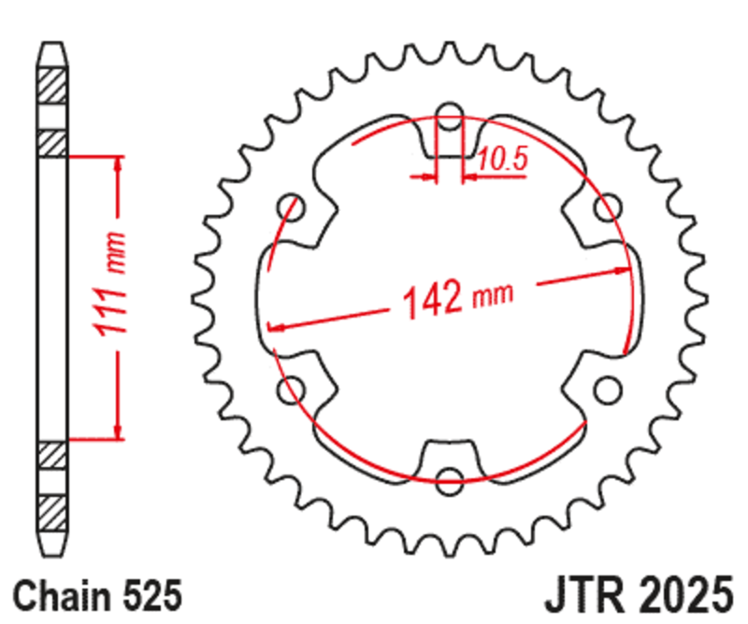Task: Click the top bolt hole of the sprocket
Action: [450, 120]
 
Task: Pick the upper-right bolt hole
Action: [607, 206]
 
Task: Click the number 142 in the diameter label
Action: [433, 301]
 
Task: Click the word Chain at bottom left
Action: [58, 594]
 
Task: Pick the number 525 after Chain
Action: [148, 594]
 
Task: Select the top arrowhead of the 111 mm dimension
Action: [118, 165]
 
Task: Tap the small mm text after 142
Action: [493, 294]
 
